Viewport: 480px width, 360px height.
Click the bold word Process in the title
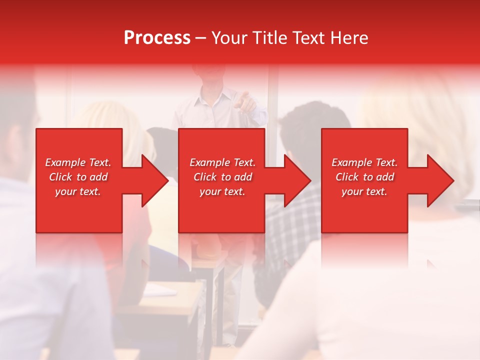coord(157,38)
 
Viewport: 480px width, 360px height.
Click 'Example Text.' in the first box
coord(78,162)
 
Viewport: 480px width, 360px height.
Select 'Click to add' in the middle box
coord(222,177)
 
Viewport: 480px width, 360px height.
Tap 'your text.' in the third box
coord(364,191)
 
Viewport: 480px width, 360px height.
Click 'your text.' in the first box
coord(78,191)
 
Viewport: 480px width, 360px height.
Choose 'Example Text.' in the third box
coord(364,162)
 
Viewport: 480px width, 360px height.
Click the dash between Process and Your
coord(201,38)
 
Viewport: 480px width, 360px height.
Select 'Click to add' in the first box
coord(78,177)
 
